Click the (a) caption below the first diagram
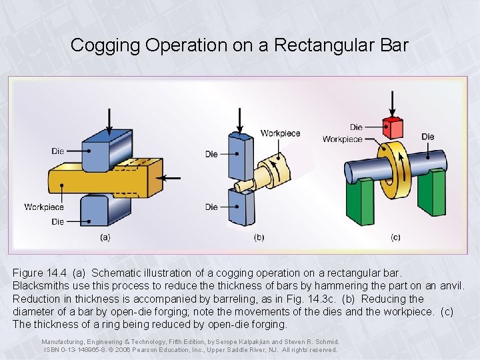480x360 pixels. coord(105,237)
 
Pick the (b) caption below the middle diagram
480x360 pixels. coord(259,237)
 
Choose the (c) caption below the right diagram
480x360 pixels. coord(395,237)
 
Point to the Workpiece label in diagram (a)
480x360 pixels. coord(44,207)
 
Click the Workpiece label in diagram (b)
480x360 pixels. coord(280,133)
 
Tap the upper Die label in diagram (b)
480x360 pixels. coord(211,155)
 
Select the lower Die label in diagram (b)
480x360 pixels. coord(211,207)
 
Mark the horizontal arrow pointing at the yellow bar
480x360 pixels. coord(172,179)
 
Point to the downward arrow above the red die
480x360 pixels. coord(393,105)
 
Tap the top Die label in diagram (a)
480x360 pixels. coord(58,151)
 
